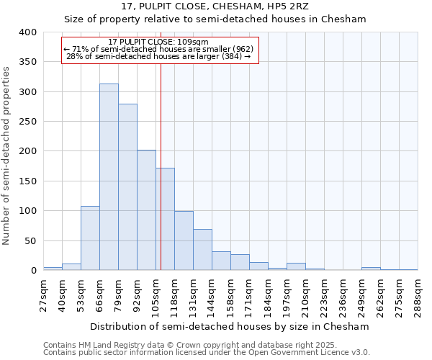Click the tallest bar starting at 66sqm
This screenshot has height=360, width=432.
pos(109,177)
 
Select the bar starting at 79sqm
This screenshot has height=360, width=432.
pos(127,187)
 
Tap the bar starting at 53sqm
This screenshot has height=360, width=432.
pos(90,238)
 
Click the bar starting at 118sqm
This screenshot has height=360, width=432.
pos(184,240)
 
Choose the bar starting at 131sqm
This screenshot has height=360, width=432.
pos(202,250)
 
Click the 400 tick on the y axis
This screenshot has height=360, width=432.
pos(28,32)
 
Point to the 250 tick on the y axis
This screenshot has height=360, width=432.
pos(28,122)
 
